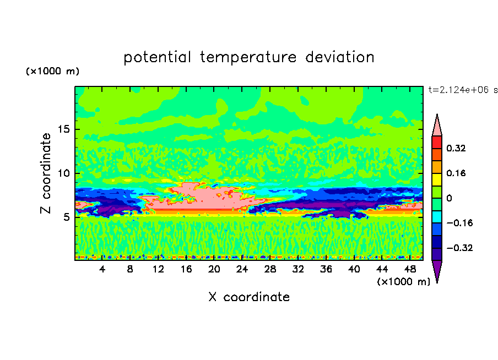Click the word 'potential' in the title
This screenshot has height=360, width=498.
tap(157, 58)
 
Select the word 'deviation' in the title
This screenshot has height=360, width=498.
tap(340, 57)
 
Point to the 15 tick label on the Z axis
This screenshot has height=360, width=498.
tap(64, 129)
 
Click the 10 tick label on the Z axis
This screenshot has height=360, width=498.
tap(64, 173)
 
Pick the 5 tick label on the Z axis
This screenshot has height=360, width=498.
tap(66, 217)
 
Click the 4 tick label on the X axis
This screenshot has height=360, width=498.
tap(102, 269)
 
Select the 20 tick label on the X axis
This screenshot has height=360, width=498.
tap(214, 269)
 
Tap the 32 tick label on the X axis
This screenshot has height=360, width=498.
tap(298, 269)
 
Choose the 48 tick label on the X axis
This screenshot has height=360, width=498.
tap(410, 269)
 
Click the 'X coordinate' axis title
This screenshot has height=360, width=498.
tap(249, 297)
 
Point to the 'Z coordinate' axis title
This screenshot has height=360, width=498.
tap(46, 173)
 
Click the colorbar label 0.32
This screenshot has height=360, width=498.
tap(456, 148)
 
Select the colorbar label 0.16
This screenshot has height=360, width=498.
tap(456, 173)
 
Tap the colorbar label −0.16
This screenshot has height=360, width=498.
tap(459, 223)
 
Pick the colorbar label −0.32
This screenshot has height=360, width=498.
tap(459, 248)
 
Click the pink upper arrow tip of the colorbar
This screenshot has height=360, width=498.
tap(437, 114)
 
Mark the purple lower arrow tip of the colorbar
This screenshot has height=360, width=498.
tap(437, 282)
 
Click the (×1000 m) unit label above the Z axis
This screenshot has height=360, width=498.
tap(52, 71)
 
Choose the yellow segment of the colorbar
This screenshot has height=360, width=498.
tap(437, 179)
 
